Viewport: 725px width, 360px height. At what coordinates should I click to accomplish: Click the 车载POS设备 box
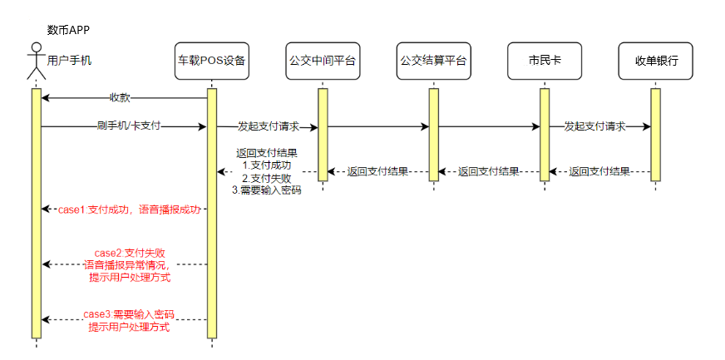tap(211, 61)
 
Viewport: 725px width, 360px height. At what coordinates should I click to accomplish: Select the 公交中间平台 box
tap(323, 61)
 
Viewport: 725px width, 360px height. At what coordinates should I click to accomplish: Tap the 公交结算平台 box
tap(433, 61)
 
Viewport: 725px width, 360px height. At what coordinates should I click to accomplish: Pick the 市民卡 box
tap(545, 61)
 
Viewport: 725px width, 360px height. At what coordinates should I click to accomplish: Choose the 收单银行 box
tap(656, 61)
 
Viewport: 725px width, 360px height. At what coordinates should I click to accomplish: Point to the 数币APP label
tap(68, 31)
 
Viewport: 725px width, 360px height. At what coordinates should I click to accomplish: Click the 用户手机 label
tap(71, 61)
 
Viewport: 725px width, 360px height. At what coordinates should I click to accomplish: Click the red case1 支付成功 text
tap(129, 210)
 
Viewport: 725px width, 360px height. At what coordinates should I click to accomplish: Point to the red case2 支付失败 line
tap(129, 252)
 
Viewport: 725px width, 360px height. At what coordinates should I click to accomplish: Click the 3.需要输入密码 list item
tap(266, 190)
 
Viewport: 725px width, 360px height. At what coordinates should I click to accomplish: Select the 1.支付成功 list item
tap(266, 165)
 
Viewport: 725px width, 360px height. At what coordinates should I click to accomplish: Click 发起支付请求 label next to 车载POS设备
tap(268, 126)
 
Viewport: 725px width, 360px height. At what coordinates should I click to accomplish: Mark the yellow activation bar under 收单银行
tap(655, 133)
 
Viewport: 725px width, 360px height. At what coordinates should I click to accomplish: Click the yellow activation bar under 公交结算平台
tap(433, 133)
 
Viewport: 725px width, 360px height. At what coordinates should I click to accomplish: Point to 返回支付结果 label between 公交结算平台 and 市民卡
tap(489, 172)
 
